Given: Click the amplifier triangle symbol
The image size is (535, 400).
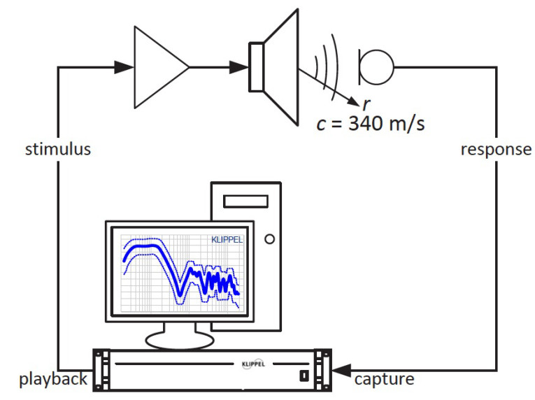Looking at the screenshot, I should [x=158, y=67].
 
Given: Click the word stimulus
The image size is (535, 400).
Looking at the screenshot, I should [x=58, y=149].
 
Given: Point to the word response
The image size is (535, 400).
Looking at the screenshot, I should [x=496, y=149].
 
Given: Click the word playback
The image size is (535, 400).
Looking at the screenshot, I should [x=53, y=379].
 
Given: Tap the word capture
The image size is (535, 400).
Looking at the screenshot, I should [x=384, y=379].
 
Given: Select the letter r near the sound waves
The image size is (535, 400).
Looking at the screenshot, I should [x=366, y=104].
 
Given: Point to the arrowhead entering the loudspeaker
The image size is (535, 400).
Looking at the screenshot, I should [x=241, y=67].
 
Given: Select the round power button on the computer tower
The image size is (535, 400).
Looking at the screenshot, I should [x=269, y=239].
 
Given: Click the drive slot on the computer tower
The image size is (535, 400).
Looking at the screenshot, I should [x=246, y=201].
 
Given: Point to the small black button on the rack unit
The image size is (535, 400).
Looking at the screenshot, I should [x=303, y=376].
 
